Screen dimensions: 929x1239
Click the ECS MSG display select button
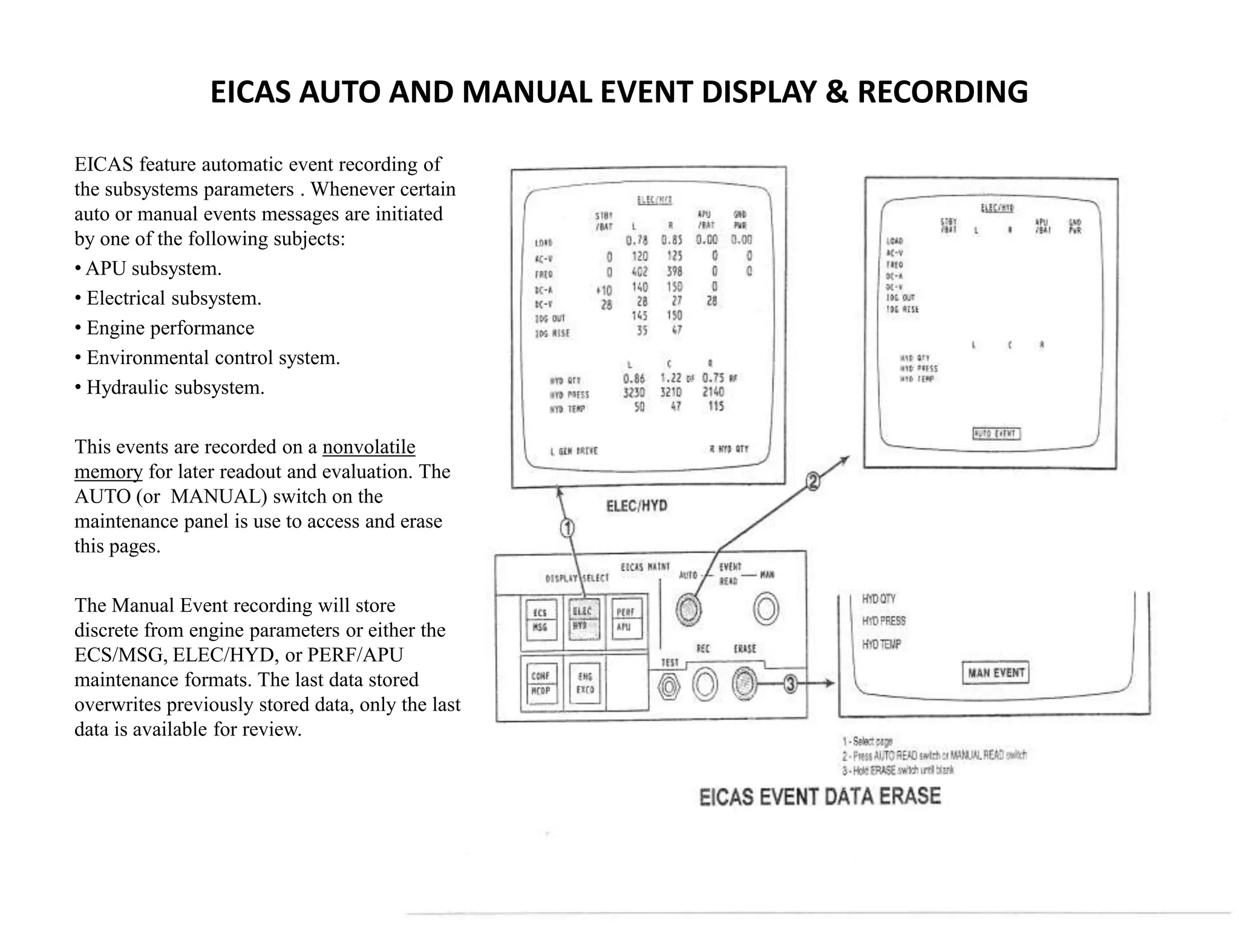coord(540,619)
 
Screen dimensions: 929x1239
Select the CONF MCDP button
coord(540,683)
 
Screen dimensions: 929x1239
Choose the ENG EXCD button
coord(584,683)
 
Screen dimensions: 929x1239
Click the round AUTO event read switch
coord(688,609)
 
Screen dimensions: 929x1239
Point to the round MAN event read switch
coord(766,609)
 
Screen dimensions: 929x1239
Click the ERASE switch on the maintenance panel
coord(743,684)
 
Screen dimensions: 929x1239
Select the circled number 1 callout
coord(567,529)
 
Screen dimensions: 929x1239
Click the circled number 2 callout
coord(813,482)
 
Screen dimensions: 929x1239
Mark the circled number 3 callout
coord(790,685)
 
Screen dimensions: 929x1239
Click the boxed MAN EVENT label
coord(995,673)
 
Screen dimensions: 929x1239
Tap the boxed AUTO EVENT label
coord(996,434)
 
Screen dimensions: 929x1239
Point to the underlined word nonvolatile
coord(368,447)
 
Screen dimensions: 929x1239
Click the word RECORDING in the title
coord(943,93)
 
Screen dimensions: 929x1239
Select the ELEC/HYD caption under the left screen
coord(636,506)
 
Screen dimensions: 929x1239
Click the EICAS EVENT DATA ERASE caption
coord(820,797)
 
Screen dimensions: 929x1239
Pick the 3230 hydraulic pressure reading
coord(634,393)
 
